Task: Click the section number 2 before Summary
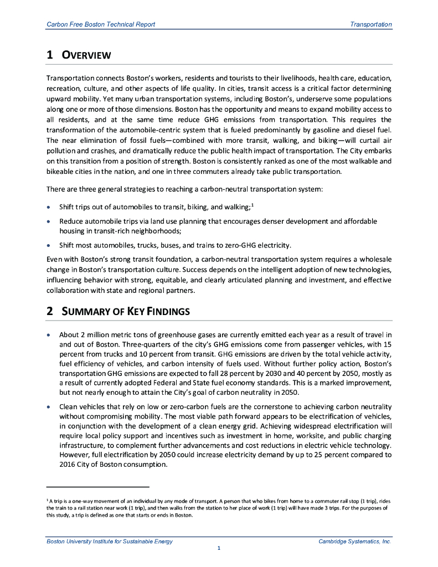coord(49,311)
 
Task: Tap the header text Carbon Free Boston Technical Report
coord(101,24)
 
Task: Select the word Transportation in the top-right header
coord(371,24)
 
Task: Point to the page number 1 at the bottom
coord(219,548)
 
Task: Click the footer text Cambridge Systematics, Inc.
coord(355,541)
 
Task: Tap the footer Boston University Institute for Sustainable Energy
coord(110,541)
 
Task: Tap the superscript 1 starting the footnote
coord(47,499)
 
